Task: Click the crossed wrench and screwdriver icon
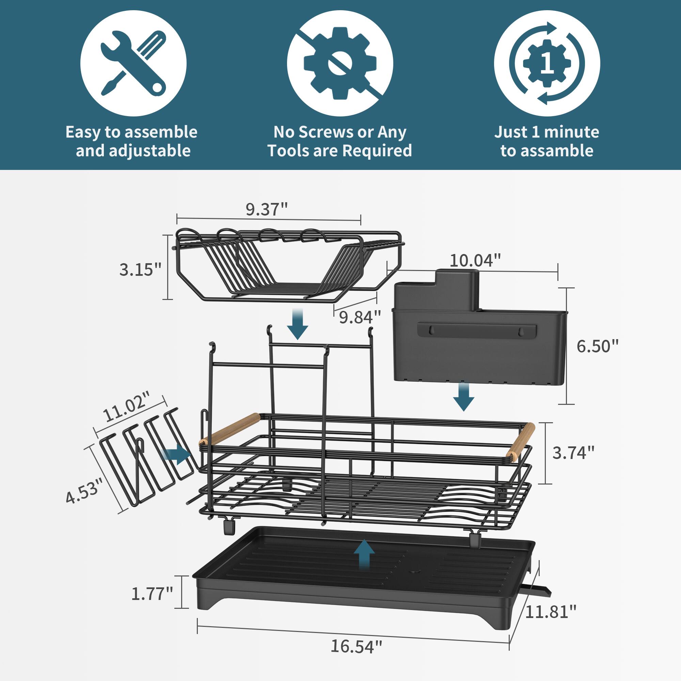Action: point(133,63)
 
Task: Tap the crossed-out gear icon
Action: point(340,63)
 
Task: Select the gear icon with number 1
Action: point(547,63)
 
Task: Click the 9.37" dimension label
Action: point(267,209)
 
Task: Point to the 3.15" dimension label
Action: point(140,270)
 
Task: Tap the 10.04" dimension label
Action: point(475,261)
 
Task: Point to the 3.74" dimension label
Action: point(573,453)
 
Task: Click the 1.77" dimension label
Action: point(152,593)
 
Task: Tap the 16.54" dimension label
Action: point(356,646)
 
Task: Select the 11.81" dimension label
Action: point(551,612)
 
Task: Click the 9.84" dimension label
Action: point(360,317)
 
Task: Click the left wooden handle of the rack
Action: point(229,429)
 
